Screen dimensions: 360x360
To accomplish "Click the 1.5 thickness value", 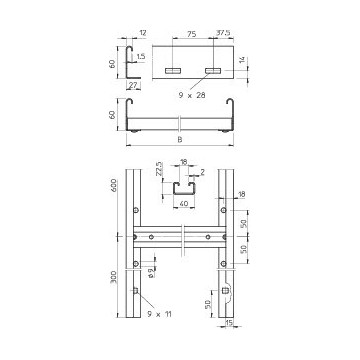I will pyautogui.click(x=139, y=57).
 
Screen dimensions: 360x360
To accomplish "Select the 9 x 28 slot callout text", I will pyautogui.click(x=193, y=94).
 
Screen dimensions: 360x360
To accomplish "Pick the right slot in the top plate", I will pyautogui.click(x=212, y=70).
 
